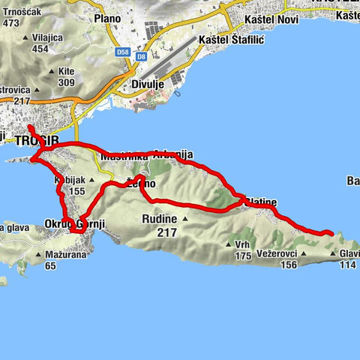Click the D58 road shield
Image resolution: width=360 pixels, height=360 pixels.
coord(124,52)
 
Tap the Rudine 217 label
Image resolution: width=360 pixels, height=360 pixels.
coord(158,224)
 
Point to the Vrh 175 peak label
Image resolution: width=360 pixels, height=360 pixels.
coord(241,250)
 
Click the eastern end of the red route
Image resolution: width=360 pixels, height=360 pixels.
coord(331,235)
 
